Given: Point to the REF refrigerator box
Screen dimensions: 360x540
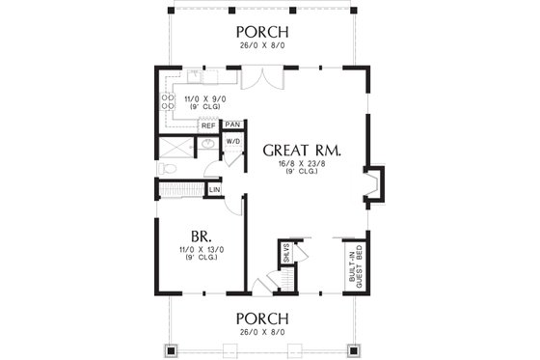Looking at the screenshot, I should click(208, 125).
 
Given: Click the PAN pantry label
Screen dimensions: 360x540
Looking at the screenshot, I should click(231, 125).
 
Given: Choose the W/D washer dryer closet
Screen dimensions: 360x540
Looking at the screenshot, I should click(232, 143).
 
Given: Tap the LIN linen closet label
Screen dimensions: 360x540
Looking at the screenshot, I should click(214, 190).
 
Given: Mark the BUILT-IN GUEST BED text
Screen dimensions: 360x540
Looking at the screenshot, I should click(355, 264).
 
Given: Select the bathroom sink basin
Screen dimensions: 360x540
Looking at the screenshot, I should click(206, 147).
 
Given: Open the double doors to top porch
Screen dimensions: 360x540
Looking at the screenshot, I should click(251, 78).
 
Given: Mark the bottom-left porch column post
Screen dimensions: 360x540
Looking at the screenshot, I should click(174, 349).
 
